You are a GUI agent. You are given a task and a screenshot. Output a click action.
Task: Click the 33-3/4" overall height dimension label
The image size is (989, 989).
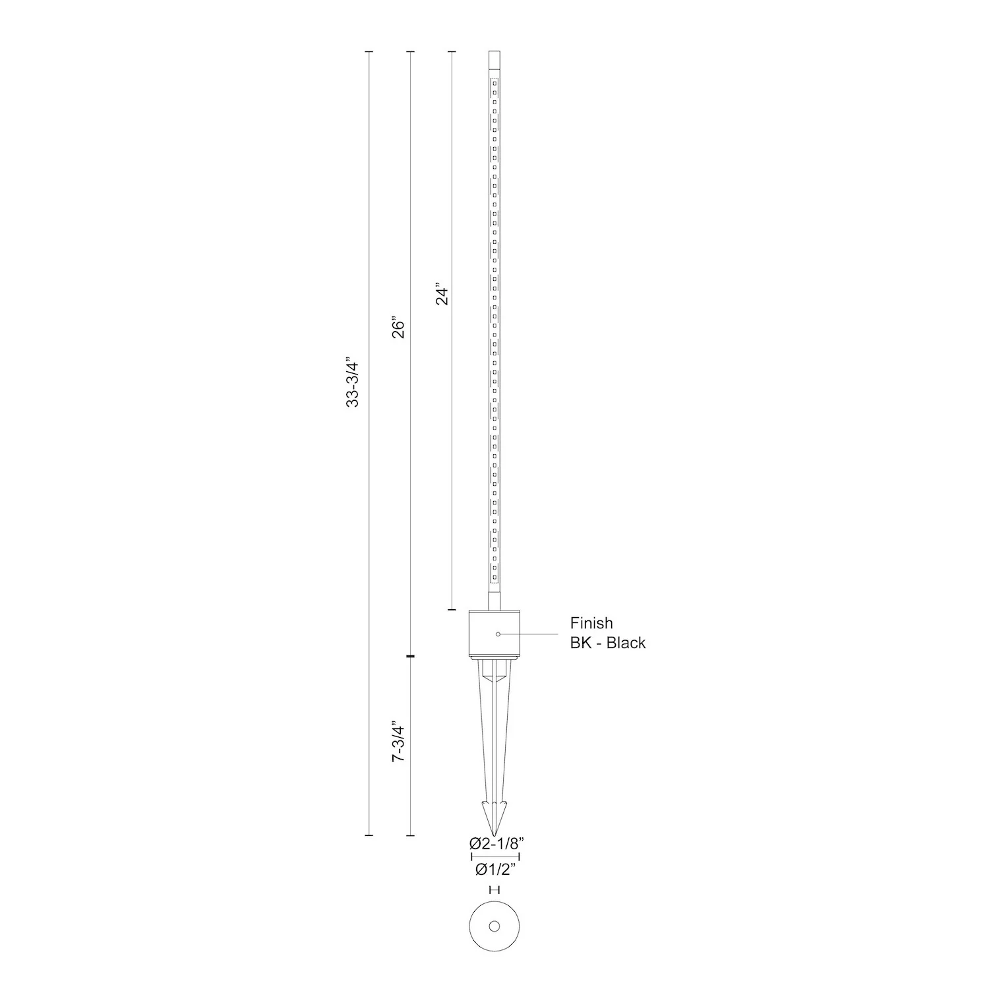(353, 384)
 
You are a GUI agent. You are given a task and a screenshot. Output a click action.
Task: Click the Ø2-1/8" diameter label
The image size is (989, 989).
(496, 843)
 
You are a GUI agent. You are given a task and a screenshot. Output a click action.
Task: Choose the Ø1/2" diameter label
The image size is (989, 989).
(494, 870)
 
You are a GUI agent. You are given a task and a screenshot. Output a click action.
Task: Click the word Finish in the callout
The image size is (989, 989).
(591, 623)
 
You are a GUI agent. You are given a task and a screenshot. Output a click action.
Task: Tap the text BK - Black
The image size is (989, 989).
(608, 643)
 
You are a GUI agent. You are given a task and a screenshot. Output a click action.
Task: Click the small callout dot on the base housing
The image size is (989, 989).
(498, 634)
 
